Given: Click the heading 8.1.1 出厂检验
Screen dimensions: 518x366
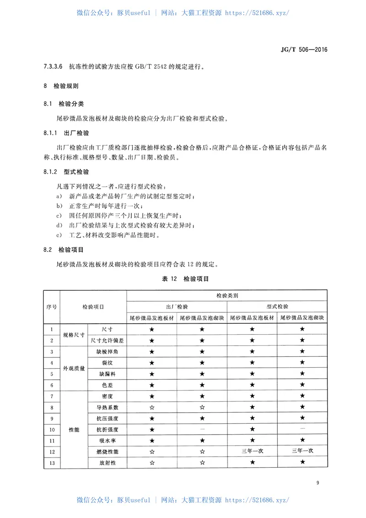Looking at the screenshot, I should coord(66,133).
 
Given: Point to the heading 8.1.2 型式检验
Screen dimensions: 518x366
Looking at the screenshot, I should coord(66,172).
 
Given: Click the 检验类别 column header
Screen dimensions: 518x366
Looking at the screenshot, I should coord(227,296).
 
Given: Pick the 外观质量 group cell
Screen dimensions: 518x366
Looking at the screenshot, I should coord(74,368).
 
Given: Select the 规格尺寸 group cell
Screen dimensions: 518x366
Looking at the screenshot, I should coord(74,335).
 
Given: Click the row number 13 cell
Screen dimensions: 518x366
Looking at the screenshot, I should coord(51,463).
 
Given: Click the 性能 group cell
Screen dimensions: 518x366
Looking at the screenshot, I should coord(74,430).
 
